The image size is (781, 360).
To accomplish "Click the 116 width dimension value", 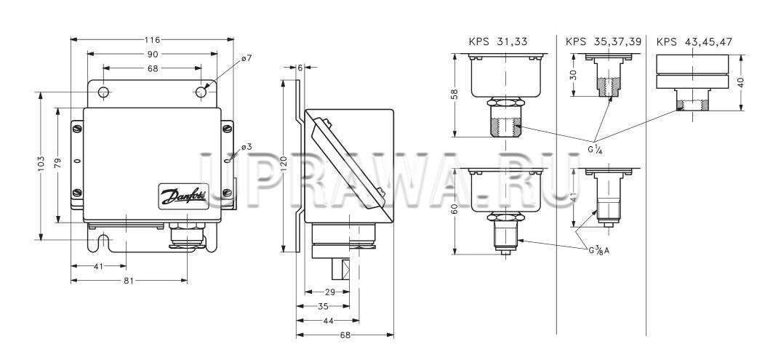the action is [153, 39].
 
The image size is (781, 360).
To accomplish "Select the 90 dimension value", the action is [153, 54].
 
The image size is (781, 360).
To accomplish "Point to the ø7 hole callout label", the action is [247, 58].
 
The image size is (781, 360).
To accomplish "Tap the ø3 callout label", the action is [247, 146].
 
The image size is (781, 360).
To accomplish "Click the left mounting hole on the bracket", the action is [103, 92].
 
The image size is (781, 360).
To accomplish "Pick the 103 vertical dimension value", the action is [41, 164].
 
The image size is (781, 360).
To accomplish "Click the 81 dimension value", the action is [129, 280].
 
